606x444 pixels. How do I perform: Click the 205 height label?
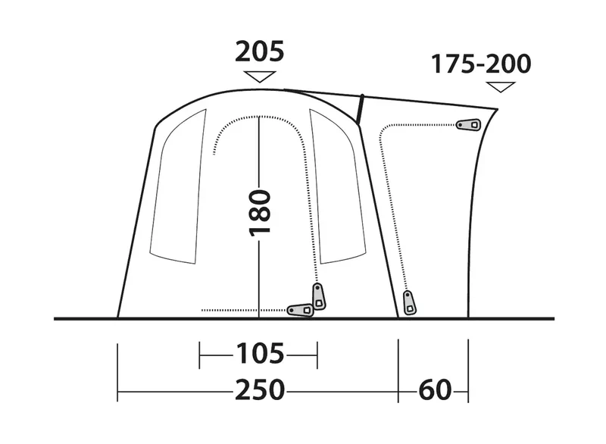[x=260, y=52]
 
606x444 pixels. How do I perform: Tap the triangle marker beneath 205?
[x=260, y=76]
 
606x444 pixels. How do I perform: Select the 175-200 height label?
[x=481, y=64]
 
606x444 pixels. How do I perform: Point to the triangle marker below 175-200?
[x=501, y=86]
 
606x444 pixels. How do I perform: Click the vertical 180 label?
[x=260, y=213]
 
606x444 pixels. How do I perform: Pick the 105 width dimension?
[x=260, y=354]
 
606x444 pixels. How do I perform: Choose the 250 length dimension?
[x=260, y=390]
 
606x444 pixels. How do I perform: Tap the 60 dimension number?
[x=435, y=390]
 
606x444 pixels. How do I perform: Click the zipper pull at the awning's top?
[x=468, y=124]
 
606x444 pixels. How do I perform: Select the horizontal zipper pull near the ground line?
[x=300, y=311]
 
